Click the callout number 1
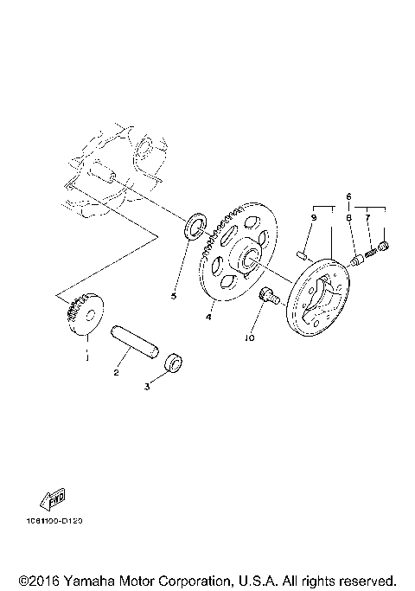[x=86, y=355]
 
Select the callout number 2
[x=116, y=373]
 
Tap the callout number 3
[x=147, y=388]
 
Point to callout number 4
[x=207, y=318]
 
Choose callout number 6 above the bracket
[x=348, y=197]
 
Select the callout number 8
[x=348, y=219]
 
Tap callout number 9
[x=313, y=219]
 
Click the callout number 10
[x=249, y=339]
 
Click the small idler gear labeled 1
[x=85, y=318]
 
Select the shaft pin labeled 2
[x=135, y=340]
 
